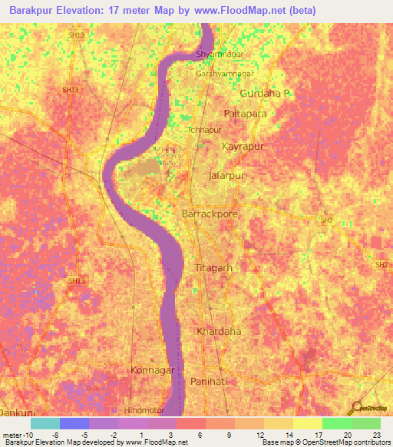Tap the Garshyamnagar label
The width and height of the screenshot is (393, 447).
226,73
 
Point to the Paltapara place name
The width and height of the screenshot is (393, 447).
245,113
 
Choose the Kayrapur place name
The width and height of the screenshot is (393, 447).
243,145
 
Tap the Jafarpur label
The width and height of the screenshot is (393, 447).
226,176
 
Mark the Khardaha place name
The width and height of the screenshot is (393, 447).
219,332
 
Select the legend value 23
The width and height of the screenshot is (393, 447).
375,434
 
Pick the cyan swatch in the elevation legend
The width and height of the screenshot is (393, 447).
45,423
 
